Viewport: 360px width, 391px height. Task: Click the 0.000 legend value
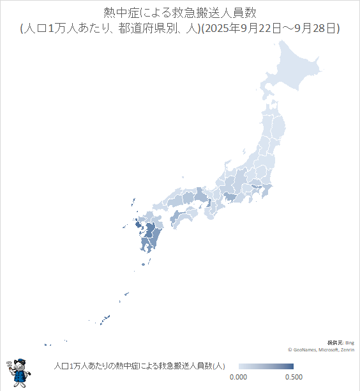click(238, 378)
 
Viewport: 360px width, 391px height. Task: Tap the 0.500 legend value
click(293, 378)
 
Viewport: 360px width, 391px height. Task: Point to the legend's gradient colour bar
click(266, 366)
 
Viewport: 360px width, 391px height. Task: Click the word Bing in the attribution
click(349, 343)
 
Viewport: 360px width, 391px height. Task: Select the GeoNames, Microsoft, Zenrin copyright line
click(321, 350)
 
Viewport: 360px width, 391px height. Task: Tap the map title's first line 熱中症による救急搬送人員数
click(179, 13)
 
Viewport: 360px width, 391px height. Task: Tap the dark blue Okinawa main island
click(107, 317)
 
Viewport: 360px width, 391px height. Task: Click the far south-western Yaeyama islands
click(48, 345)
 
